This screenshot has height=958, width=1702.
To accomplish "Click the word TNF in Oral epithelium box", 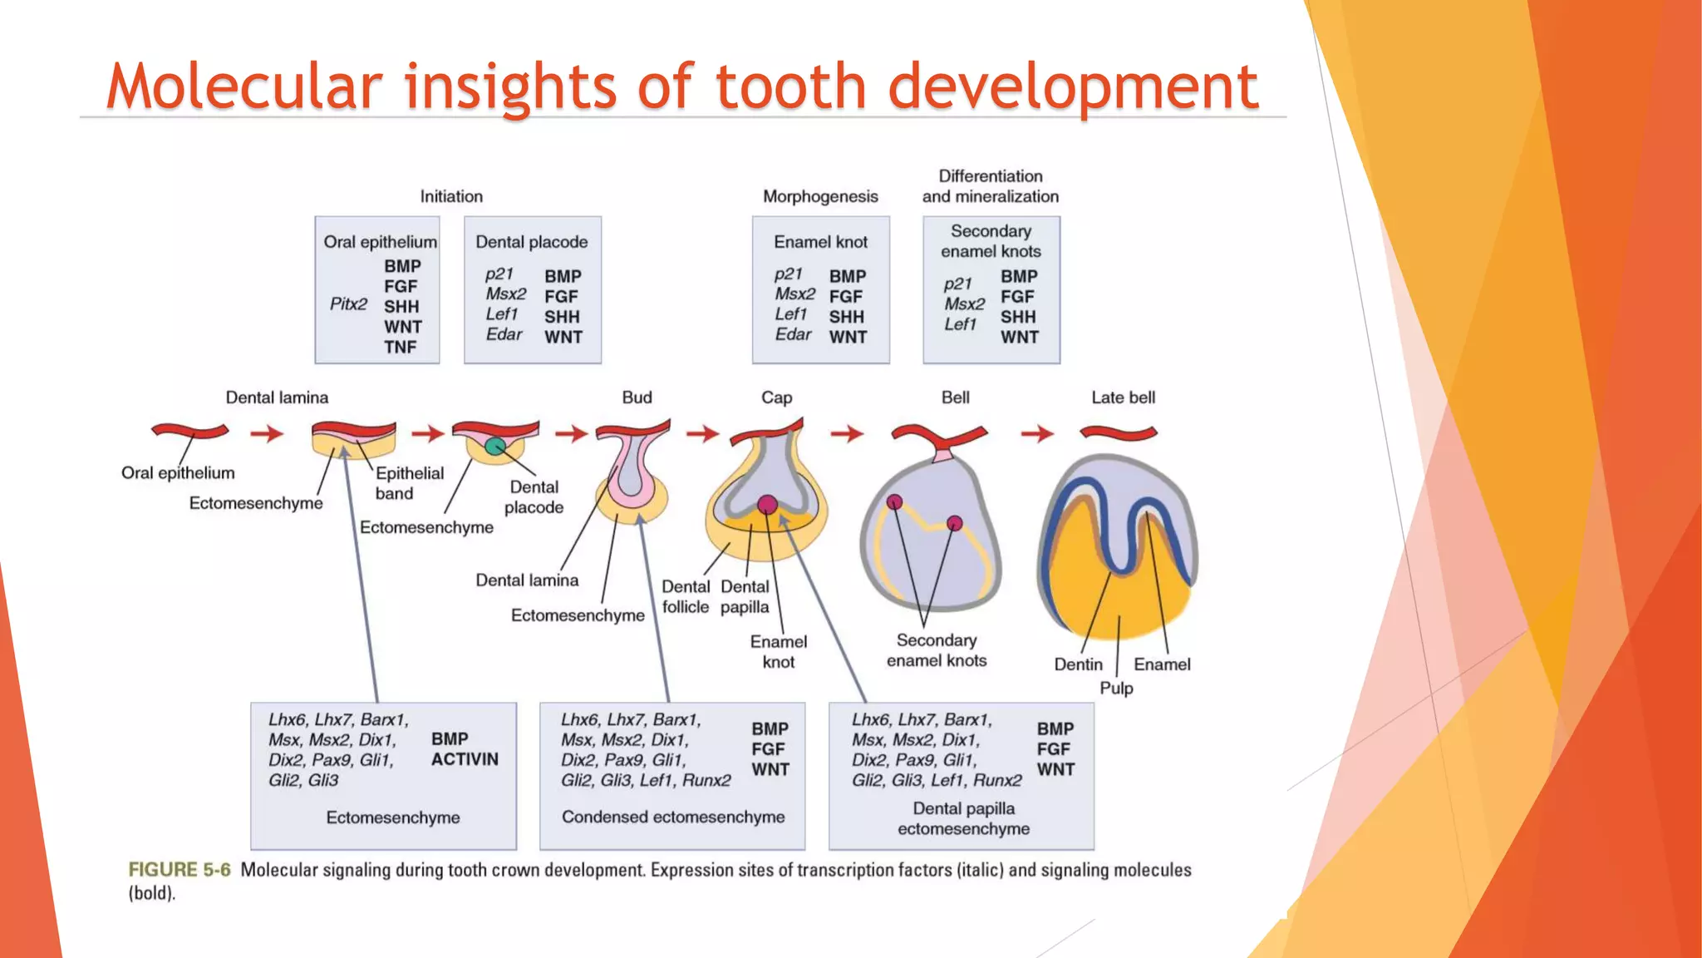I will click(x=400, y=347).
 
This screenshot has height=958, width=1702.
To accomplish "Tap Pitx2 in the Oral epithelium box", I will click(x=348, y=304).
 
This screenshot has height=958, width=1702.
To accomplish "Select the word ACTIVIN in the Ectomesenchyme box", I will click(x=465, y=759).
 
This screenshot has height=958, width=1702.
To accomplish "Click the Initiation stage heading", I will click(x=450, y=196).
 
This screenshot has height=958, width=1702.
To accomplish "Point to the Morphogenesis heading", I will click(x=819, y=196).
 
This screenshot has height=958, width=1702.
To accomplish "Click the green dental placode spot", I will click(x=494, y=447).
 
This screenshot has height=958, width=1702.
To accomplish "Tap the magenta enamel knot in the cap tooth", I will click(x=767, y=504).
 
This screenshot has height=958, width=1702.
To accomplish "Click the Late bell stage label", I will click(x=1123, y=398).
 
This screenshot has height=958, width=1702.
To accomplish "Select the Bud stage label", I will click(x=637, y=398).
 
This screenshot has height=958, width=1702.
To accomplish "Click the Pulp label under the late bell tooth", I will click(x=1116, y=688).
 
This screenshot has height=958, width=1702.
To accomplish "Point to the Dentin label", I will click(x=1078, y=664).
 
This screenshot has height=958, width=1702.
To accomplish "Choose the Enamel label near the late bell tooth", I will click(x=1162, y=664).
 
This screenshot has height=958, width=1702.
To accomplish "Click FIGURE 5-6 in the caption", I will click(x=179, y=870).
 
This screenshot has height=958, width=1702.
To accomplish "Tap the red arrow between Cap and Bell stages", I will click(x=847, y=433).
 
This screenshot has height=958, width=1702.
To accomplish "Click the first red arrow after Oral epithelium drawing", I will click(x=267, y=433).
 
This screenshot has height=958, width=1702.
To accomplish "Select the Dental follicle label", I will click(x=686, y=596).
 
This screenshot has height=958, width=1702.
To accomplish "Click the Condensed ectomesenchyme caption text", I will click(x=672, y=817).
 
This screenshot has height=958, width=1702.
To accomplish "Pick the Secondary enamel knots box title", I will click(x=991, y=241).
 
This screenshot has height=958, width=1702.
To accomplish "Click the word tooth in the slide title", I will click(x=791, y=86).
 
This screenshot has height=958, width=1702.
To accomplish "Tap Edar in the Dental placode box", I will click(x=504, y=334).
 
